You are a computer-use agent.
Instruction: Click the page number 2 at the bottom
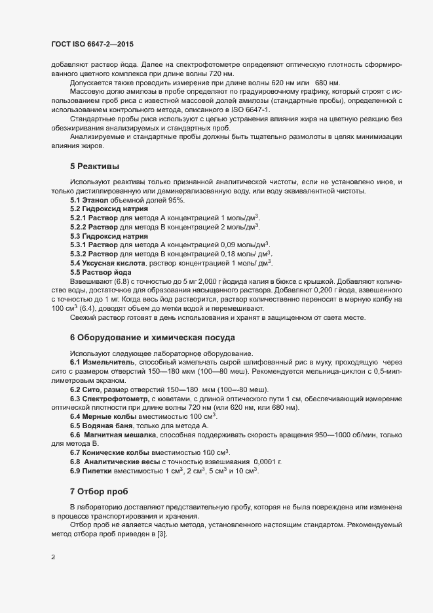pyautogui.click(x=53, y=559)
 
